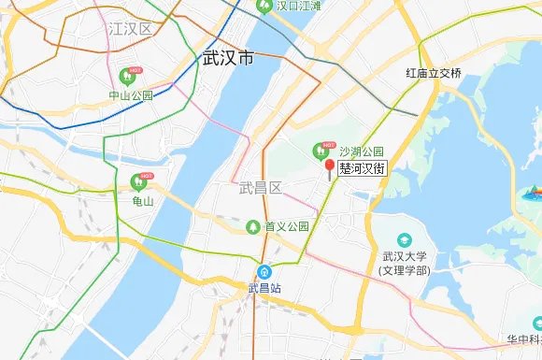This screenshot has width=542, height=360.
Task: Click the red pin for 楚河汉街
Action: click(x=328, y=167)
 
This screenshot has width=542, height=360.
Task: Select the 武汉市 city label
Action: click(x=228, y=58)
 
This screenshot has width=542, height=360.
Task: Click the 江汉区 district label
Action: click(x=130, y=29)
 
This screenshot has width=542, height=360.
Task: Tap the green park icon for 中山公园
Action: click(x=129, y=75)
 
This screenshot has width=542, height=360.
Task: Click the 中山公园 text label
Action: click(x=130, y=95)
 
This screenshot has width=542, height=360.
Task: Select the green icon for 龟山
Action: click(x=137, y=180)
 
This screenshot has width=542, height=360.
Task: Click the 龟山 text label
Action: click(x=144, y=200)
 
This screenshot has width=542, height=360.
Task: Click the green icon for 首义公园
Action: click(x=252, y=226)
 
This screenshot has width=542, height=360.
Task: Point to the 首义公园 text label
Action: click(x=287, y=227)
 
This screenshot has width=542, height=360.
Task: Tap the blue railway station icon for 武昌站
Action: click(x=264, y=273)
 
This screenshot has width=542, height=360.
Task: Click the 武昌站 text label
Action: click(x=264, y=289)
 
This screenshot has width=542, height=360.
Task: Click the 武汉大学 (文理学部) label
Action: click(x=404, y=263)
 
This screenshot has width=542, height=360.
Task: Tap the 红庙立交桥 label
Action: click(x=434, y=73)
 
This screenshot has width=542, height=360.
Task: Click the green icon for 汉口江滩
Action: click(x=264, y=7)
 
